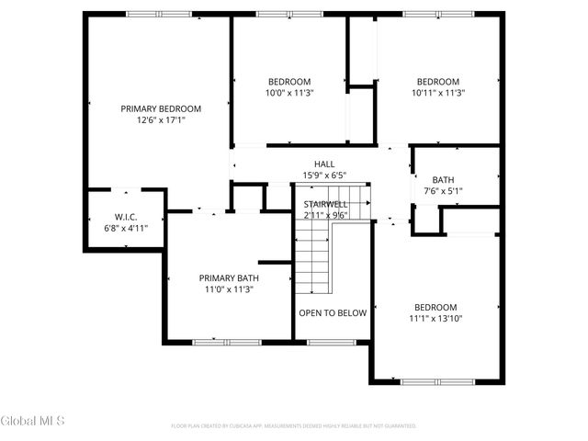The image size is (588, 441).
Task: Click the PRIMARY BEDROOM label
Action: [161, 108]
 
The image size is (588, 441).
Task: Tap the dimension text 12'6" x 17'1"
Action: [161, 119]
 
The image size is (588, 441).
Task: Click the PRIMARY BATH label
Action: [229, 277]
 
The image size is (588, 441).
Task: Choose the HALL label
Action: [324, 164]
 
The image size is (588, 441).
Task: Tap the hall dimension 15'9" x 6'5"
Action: [324, 175]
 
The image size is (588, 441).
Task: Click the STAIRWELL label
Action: [325, 204]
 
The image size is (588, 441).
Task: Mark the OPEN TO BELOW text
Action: [333, 312]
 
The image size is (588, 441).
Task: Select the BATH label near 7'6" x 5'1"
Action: [443, 180]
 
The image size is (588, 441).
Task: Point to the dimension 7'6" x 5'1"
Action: [443, 191]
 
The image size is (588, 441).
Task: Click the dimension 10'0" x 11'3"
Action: [289, 92]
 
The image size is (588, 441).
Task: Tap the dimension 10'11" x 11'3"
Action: [436, 92]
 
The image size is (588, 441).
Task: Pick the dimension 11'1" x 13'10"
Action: [436, 319]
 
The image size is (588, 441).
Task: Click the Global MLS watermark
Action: [33, 421]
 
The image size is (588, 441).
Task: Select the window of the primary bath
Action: [227, 342]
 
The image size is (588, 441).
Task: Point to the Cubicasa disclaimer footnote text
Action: [294, 425]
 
